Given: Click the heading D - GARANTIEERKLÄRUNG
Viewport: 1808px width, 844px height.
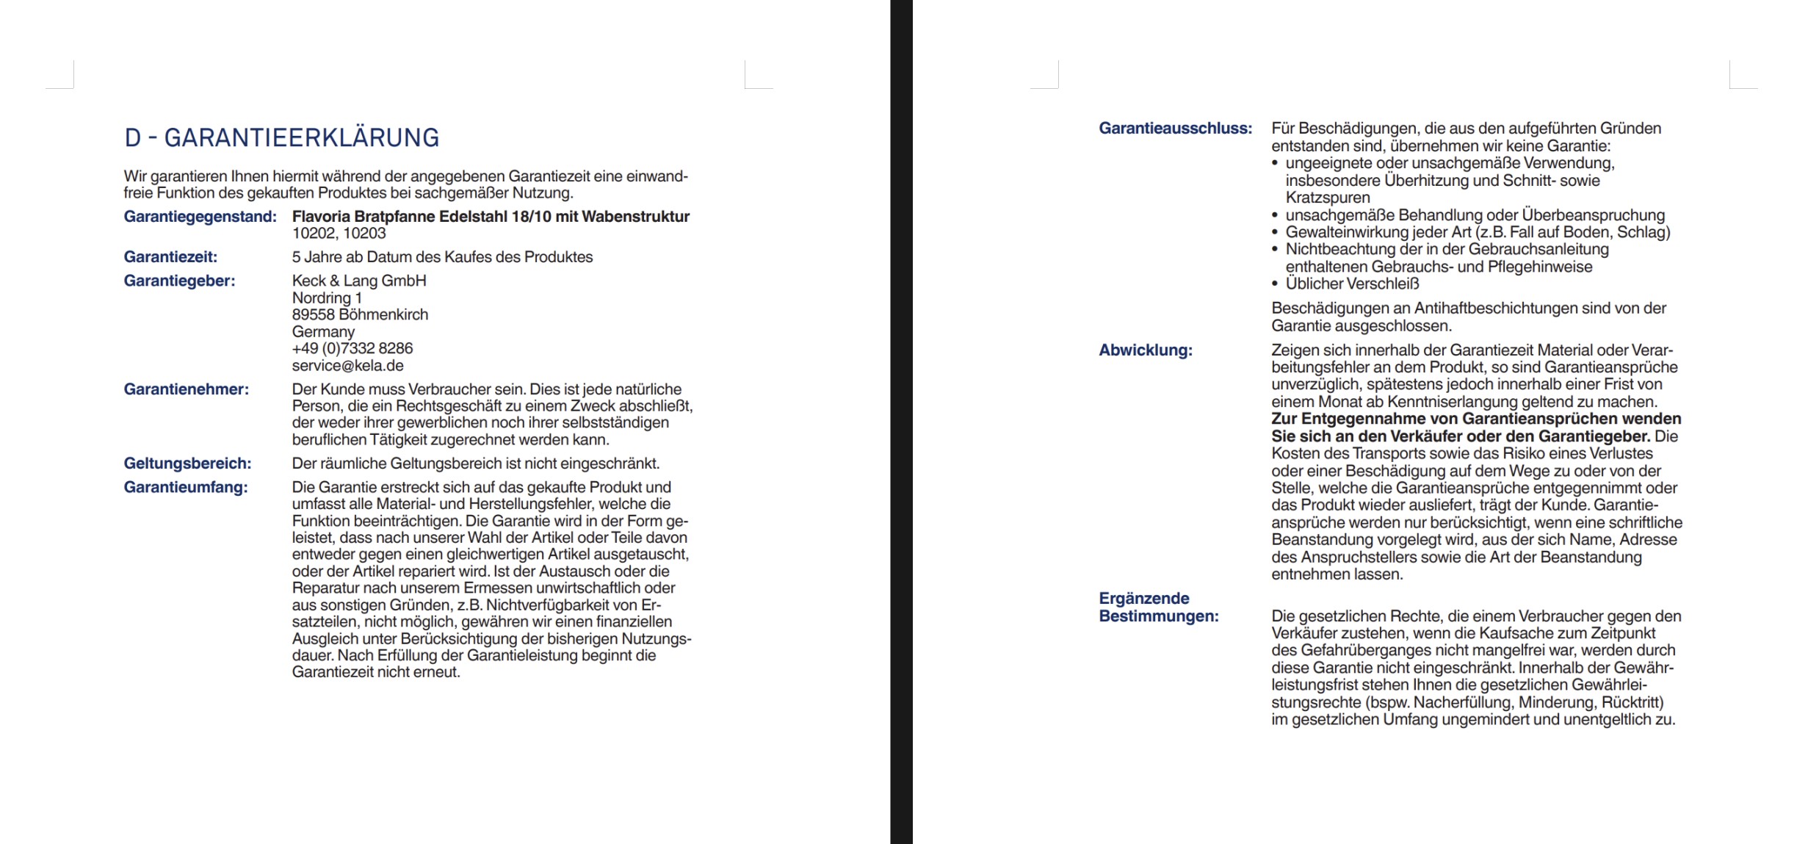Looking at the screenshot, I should [x=281, y=138].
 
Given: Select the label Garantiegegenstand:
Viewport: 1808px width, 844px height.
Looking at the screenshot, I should [x=200, y=217].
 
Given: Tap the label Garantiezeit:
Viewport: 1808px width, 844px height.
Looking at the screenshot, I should [x=170, y=257].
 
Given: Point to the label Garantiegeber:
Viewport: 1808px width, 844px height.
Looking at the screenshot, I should [x=179, y=281].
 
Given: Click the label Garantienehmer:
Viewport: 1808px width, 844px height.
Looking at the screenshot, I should [x=186, y=389].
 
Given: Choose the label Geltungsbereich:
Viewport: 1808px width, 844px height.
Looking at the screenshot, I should [x=187, y=464].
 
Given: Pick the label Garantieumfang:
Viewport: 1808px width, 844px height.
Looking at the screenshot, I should [x=186, y=487].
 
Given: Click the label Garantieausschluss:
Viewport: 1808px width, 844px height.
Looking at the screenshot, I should [x=1175, y=129].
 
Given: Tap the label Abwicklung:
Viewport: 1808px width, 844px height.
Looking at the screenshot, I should [x=1146, y=350].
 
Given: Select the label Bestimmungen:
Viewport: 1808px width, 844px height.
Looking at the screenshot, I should [x=1158, y=616].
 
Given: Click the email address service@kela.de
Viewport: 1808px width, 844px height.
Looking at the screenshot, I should [x=347, y=366].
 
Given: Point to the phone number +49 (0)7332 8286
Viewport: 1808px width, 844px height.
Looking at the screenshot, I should [x=352, y=348].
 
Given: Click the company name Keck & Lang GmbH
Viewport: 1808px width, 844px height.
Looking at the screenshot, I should [x=359, y=281].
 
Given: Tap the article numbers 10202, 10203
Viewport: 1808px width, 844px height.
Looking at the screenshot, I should [x=339, y=234].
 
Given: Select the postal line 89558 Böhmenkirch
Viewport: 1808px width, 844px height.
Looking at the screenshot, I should [x=360, y=314].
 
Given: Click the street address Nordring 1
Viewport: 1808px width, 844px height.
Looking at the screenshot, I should [x=327, y=298].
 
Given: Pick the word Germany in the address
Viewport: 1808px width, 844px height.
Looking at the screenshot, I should [x=323, y=331].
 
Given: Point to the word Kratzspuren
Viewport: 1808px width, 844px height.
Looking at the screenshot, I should [x=1328, y=198].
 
